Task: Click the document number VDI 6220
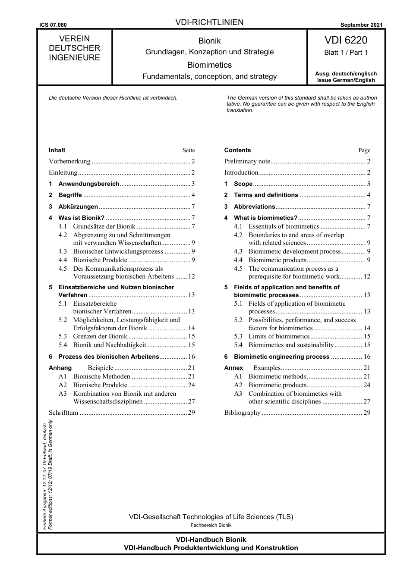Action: click(346, 40)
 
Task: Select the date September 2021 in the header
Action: click(361, 25)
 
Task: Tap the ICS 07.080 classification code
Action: click(53, 25)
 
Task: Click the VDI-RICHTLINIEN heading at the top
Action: click(209, 22)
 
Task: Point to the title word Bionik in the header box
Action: click(209, 41)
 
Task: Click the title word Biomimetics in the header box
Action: click(209, 65)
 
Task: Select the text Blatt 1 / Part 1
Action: click(346, 53)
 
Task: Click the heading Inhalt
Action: click(57, 150)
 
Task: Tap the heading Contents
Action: click(237, 150)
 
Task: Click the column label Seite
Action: click(189, 150)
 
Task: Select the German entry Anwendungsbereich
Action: click(88, 184)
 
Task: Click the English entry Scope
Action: click(243, 184)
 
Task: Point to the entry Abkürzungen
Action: click(78, 207)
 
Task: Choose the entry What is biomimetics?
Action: click(265, 218)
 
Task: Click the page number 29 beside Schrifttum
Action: click(191, 413)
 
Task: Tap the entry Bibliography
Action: click(242, 413)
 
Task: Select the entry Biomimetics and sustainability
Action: click(291, 345)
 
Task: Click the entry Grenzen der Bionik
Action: click(100, 336)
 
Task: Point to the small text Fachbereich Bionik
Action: click(211, 525)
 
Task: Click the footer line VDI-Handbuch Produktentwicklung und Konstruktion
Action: click(211, 548)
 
